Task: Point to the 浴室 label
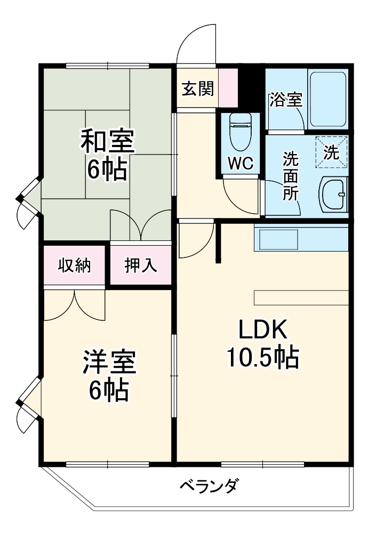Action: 286,100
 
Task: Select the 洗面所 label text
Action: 291,175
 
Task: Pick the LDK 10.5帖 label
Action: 262,344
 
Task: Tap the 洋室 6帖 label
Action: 108,376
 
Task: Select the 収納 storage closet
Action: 75,265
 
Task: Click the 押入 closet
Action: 141,265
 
